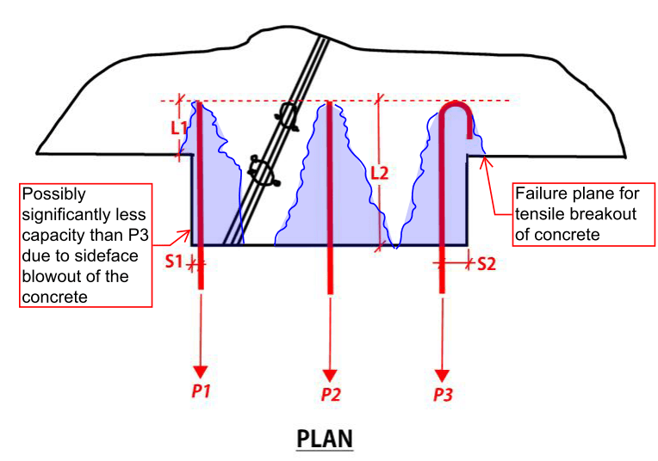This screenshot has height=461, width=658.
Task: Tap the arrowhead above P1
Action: (201, 372)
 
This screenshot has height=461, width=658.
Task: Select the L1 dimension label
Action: (177, 128)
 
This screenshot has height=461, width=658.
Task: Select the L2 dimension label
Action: (379, 172)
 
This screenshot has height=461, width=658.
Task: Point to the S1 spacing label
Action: (176, 261)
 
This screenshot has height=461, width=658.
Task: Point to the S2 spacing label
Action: (487, 263)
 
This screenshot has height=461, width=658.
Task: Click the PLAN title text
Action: (325, 438)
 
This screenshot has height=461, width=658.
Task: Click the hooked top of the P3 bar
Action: (456, 110)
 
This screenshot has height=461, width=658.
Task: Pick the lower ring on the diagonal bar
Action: (261, 170)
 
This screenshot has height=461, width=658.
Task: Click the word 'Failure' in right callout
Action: (541, 194)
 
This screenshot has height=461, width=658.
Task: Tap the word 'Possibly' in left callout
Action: (53, 194)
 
